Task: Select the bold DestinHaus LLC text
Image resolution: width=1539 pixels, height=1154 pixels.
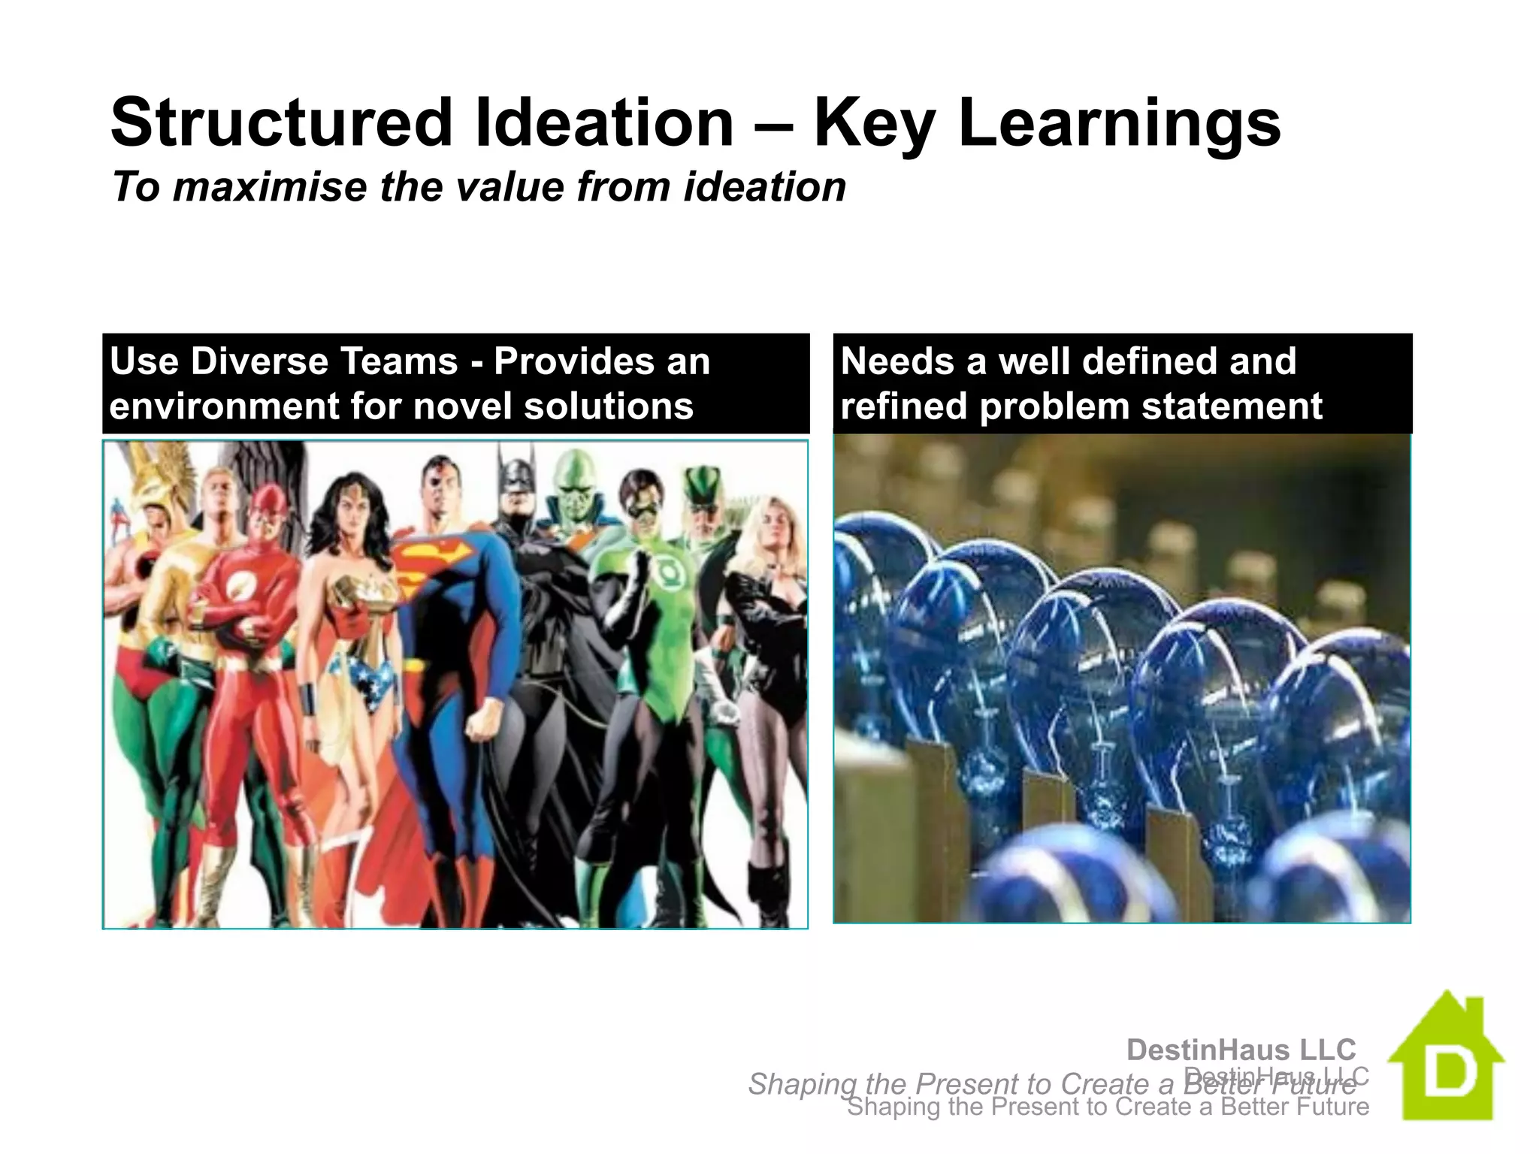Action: [1241, 1050]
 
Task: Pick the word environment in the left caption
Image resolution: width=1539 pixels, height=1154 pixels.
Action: [223, 406]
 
